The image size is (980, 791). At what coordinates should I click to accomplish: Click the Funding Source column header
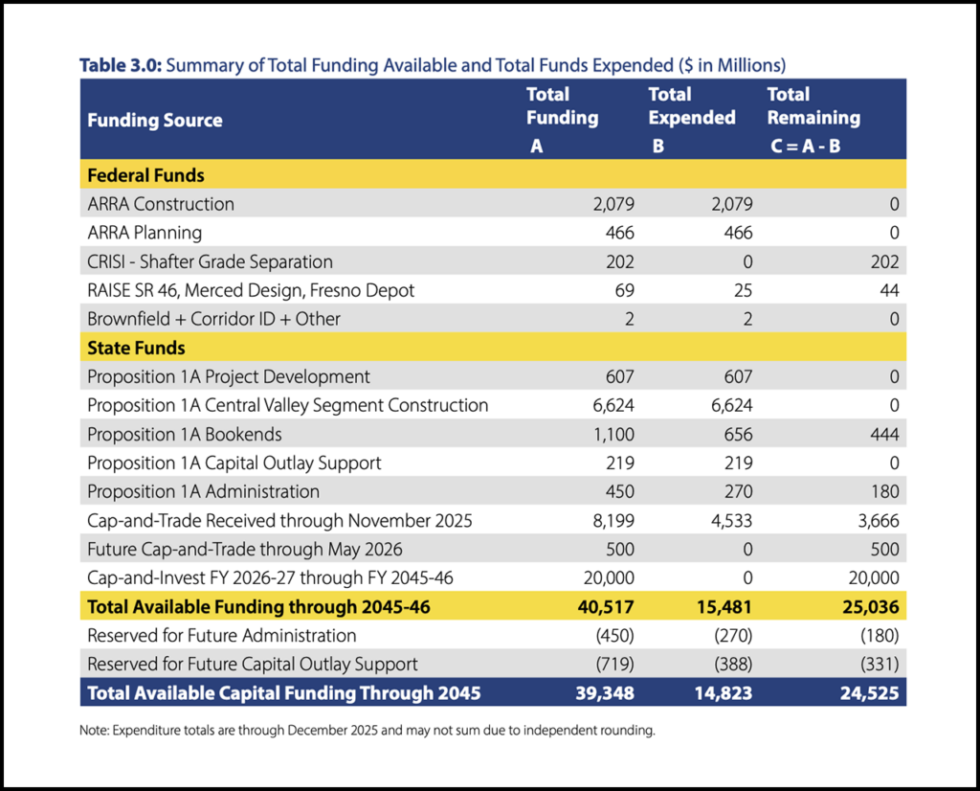(x=154, y=121)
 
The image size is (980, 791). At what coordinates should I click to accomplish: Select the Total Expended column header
(x=691, y=105)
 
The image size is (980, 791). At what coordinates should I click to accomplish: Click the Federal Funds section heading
(x=145, y=175)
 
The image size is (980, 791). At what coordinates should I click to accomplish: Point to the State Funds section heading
(x=136, y=348)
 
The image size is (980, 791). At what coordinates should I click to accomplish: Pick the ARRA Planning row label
(x=145, y=233)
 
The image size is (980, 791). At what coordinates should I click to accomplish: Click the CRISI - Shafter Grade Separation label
(x=210, y=261)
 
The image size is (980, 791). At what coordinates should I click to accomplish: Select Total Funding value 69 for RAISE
(x=623, y=290)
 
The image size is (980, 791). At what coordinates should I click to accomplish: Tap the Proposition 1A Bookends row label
(x=185, y=434)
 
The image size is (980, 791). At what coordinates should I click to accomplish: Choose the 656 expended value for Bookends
(x=737, y=434)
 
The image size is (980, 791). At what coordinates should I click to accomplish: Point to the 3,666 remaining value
(x=878, y=520)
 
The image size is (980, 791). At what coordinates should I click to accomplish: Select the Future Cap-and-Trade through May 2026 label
(x=245, y=549)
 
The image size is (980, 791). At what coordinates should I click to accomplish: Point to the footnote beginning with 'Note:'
(x=367, y=730)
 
